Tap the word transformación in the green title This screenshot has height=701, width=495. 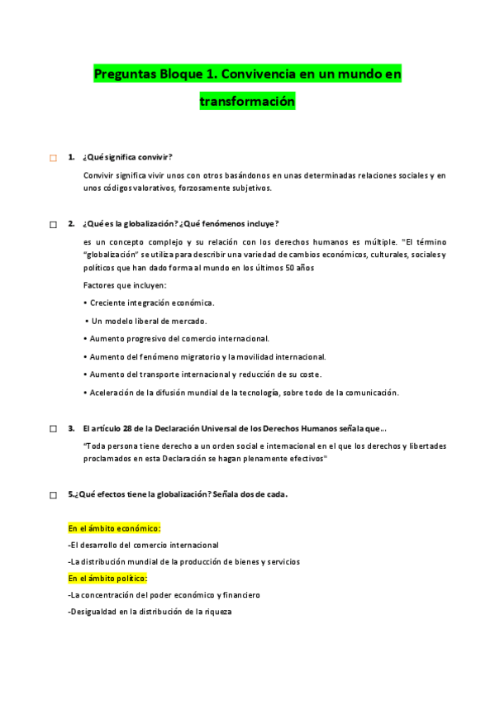(x=247, y=102)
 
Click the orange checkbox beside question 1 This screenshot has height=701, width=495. (x=53, y=158)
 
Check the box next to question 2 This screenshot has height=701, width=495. (x=53, y=224)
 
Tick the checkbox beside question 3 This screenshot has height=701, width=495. (x=53, y=429)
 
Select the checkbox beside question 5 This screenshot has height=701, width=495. (x=53, y=495)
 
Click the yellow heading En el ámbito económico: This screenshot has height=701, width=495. (x=114, y=528)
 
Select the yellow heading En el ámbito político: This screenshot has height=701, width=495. (x=107, y=578)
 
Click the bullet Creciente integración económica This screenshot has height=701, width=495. (x=149, y=303)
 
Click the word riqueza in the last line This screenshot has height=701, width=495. (x=214, y=612)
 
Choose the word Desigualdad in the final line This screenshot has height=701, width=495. (x=94, y=612)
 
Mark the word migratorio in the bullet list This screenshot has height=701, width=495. (x=188, y=356)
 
